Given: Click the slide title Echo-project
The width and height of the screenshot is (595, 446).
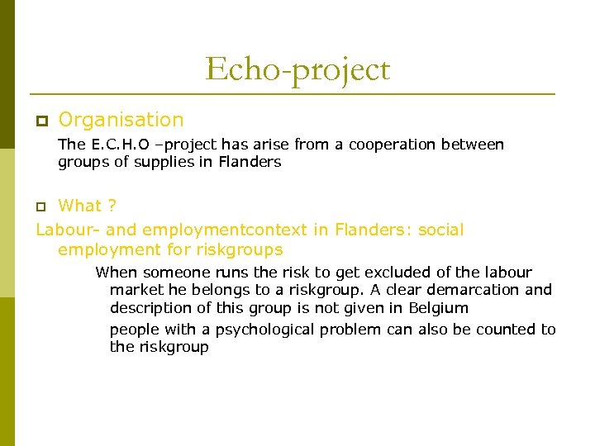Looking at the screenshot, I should pos(297,69).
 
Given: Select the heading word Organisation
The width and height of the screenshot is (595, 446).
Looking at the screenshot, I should pos(121,120).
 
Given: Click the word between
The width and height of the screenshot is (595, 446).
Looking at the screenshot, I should pos(472,145).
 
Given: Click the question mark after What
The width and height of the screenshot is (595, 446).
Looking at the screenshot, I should pos(112,206).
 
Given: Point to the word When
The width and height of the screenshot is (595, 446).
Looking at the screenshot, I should pos(116,273).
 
